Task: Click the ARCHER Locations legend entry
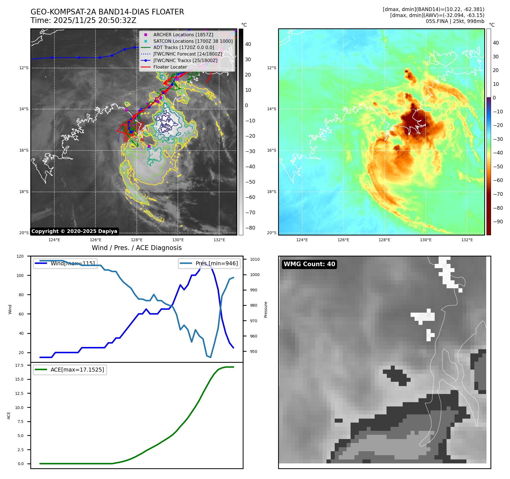pyautogui.click(x=183, y=35)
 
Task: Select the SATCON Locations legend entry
pyautogui.click(x=193, y=41)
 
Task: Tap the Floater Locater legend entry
pyautogui.click(x=170, y=67)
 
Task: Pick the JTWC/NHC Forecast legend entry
pyautogui.click(x=187, y=54)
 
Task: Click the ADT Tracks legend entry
pyautogui.click(x=183, y=48)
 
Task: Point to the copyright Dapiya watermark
pyautogui.click(x=74, y=231)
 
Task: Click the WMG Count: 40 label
pyautogui.click(x=309, y=264)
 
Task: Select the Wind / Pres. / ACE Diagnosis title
pyautogui.click(x=136, y=248)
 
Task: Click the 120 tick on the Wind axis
pyautogui.click(x=20, y=256)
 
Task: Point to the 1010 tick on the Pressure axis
pyautogui.click(x=255, y=259)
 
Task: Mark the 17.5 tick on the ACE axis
pyautogui.click(x=19, y=365)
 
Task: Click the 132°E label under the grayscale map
pyautogui.click(x=219, y=240)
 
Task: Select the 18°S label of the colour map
pyautogui.click(x=271, y=192)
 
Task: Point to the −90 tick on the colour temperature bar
pyautogui.click(x=498, y=222)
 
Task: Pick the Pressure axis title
pyautogui.click(x=266, y=310)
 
